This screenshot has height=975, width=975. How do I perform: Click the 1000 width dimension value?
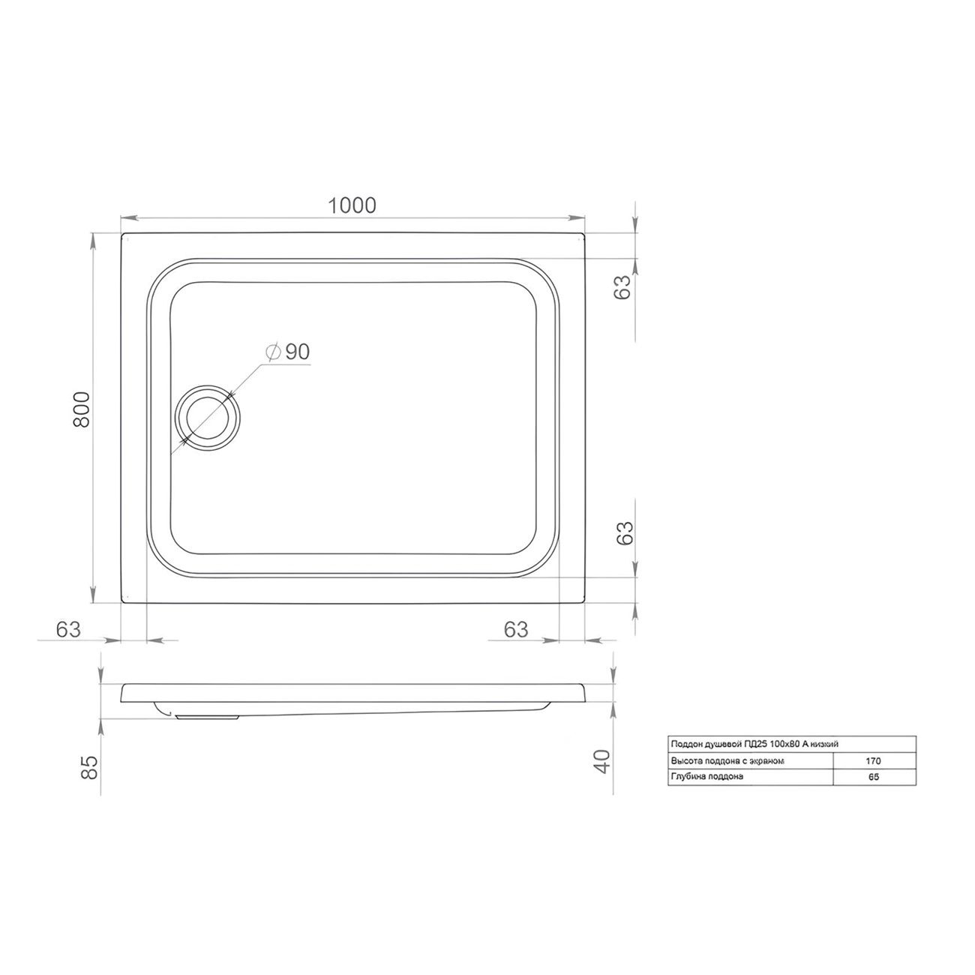point(352,205)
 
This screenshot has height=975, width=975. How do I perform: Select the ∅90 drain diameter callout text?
point(287,352)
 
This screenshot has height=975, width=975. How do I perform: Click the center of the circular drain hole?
point(208,418)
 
